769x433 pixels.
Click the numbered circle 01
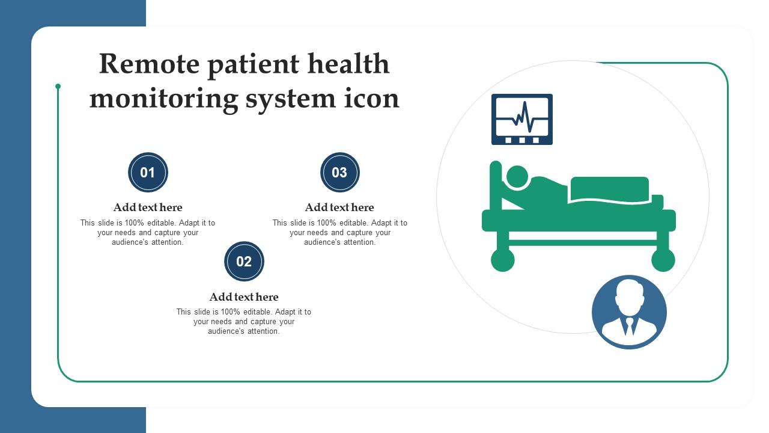click(148, 172)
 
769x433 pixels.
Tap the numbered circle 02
click(244, 261)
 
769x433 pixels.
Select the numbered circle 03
click(340, 172)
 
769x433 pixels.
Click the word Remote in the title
click(150, 64)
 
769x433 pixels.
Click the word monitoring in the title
click(164, 100)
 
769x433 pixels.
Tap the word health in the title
click(348, 63)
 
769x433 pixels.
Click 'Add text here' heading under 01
click(148, 207)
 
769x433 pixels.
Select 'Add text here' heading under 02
click(244, 296)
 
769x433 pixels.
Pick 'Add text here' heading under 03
click(339, 207)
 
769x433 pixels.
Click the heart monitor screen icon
click(522, 119)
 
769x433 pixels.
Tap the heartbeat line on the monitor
click(522, 117)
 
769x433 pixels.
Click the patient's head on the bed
click(517, 177)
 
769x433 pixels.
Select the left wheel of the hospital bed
click(503, 260)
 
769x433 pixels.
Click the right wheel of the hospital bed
click(663, 260)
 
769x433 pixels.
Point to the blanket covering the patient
click(609, 189)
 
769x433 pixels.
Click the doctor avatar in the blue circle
click(629, 312)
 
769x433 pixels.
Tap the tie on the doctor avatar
click(629, 326)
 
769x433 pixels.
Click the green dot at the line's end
click(58, 86)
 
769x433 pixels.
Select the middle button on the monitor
click(522, 140)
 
